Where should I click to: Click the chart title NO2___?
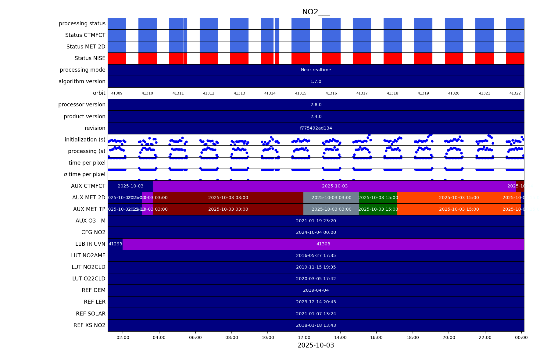point(316,12)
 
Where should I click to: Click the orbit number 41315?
point(301,93)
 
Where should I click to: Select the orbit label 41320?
point(454,93)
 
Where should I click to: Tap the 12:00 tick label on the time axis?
point(304,337)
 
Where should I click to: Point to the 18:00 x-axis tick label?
point(413,337)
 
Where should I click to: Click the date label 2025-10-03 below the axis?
point(316,345)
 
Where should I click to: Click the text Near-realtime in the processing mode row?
point(316,70)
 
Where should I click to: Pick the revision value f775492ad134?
point(316,128)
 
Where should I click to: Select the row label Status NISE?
point(90,58)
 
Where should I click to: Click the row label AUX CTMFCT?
point(88,186)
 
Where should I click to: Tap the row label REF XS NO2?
point(89,325)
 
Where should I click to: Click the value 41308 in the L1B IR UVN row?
point(323,244)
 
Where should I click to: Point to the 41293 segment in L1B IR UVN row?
point(115,244)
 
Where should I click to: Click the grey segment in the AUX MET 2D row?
point(331,198)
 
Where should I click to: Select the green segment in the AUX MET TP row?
point(378,209)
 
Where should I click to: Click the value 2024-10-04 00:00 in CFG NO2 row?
point(316,233)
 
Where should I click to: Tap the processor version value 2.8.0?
point(316,105)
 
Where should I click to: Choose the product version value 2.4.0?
point(316,117)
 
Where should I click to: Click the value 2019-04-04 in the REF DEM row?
point(316,290)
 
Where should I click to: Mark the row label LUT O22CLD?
point(88,279)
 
